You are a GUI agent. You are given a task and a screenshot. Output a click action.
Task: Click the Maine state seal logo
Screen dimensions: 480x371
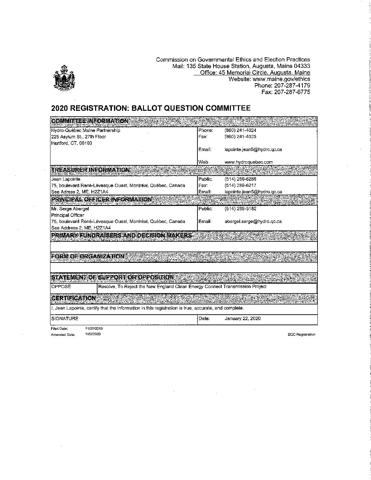(x=64, y=78)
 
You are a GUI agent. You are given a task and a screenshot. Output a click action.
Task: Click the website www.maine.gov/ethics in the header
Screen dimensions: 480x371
(x=269, y=79)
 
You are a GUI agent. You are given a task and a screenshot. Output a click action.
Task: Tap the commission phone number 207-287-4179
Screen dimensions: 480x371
(x=282, y=86)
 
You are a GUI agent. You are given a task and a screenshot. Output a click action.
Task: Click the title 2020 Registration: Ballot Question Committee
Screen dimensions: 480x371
(x=151, y=108)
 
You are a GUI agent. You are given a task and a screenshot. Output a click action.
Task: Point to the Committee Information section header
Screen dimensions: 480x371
(x=90, y=121)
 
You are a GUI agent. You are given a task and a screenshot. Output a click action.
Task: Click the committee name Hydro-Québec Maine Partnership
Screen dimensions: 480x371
(x=86, y=130)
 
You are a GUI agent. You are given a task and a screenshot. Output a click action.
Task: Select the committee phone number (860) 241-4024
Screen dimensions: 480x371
(x=240, y=130)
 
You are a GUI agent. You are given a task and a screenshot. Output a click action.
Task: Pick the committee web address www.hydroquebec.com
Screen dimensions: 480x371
(x=249, y=162)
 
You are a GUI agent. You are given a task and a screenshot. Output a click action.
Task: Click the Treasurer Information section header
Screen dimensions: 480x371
(x=90, y=170)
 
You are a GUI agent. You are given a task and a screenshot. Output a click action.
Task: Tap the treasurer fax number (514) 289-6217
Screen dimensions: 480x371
(x=240, y=185)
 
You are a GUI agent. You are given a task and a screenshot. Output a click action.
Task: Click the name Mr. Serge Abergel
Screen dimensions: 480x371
(x=70, y=209)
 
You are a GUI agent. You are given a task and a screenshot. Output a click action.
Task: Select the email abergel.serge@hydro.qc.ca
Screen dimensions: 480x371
(x=253, y=221)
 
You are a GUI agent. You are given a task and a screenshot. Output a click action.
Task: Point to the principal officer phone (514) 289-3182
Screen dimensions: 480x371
(x=240, y=209)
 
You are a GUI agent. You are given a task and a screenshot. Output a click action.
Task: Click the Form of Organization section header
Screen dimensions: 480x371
(x=88, y=256)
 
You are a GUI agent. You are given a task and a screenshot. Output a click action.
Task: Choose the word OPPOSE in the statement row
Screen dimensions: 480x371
(x=61, y=287)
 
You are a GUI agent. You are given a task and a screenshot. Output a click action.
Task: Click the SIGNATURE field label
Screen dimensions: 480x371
(x=64, y=318)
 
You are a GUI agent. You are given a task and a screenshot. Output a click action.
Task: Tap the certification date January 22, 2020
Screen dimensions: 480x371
(x=242, y=318)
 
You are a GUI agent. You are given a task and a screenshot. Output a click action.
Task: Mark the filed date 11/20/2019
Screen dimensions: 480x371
(x=94, y=329)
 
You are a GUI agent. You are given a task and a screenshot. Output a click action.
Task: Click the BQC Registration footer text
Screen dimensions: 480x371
(x=301, y=334)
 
